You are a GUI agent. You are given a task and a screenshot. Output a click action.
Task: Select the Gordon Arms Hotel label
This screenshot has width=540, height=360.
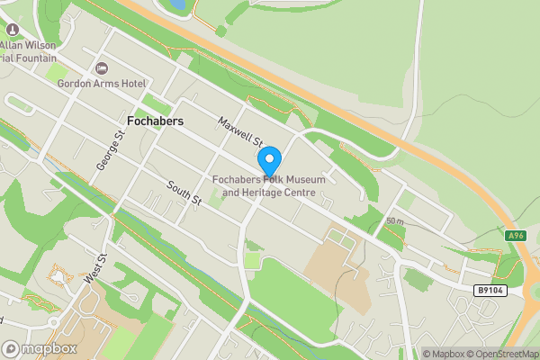[x=102, y=84]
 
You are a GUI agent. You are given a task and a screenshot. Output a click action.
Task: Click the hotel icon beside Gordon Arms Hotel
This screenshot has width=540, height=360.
[x=101, y=68]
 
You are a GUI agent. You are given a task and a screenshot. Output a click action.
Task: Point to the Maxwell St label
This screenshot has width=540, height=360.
[x=239, y=131]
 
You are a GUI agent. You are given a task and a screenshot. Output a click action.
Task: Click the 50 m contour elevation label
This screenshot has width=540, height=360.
[x=394, y=221]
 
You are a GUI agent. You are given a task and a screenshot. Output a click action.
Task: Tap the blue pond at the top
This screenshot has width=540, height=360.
[x=176, y=4]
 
